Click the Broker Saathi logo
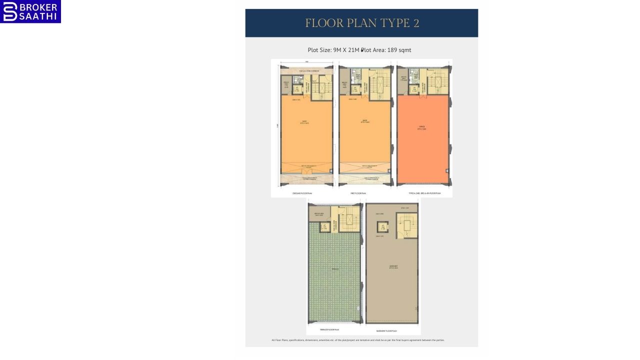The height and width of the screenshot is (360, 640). (x=30, y=11)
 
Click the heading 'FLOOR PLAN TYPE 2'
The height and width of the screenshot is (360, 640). (x=361, y=23)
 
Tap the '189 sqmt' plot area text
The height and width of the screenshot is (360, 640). (x=399, y=50)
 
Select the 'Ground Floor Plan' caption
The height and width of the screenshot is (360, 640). (x=302, y=192)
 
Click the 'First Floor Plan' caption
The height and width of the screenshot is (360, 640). (x=358, y=192)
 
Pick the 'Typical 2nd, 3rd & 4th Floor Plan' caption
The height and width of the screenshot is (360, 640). (x=424, y=192)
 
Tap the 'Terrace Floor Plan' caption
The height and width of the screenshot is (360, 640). (x=329, y=329)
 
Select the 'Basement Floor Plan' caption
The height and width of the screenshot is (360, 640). (x=386, y=330)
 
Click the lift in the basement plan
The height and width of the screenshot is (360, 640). (x=383, y=227)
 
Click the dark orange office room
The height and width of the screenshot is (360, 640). (x=422, y=140)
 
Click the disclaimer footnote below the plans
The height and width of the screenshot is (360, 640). (x=358, y=340)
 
